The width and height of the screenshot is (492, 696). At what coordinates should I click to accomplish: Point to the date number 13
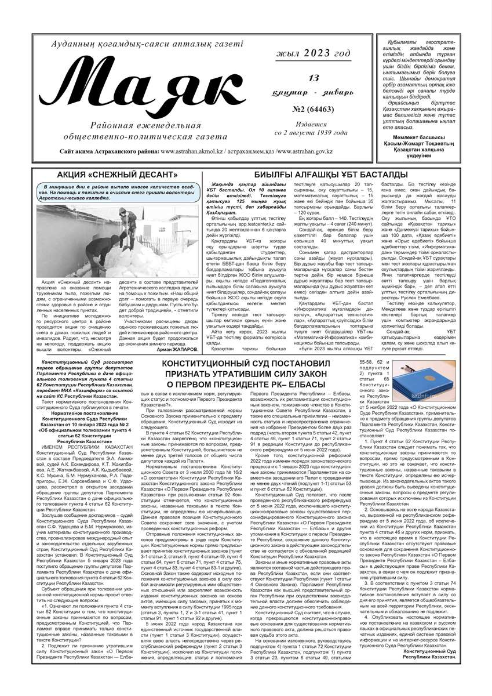click(x=314, y=78)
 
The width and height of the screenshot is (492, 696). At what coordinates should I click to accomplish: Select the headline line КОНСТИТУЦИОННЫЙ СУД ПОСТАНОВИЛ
click(x=246, y=363)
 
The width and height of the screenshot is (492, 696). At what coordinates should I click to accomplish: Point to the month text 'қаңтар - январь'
click(x=315, y=93)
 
